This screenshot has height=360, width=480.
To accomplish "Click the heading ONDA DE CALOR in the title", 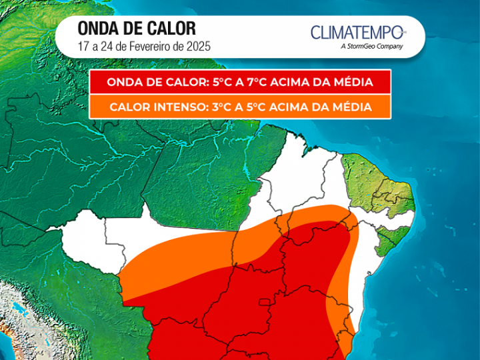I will tap(137, 29).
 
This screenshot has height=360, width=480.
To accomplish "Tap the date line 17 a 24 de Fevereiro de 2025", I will tap(144, 47).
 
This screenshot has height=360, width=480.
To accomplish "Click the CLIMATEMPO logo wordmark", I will tap(357, 32).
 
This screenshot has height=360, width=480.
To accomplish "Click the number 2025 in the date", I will tap(198, 47).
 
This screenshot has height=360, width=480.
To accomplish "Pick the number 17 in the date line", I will tap(83, 47).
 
